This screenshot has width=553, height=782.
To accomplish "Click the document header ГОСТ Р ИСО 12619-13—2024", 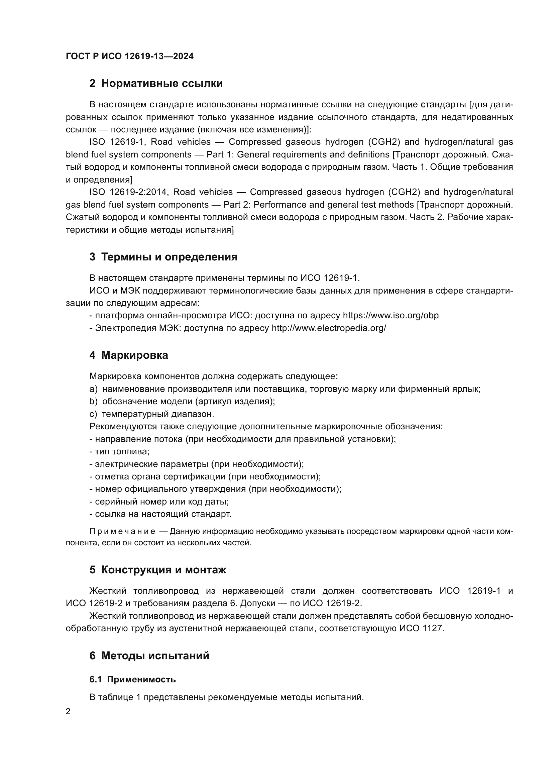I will click(130, 57).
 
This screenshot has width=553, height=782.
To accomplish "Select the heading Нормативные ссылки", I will click(162, 84).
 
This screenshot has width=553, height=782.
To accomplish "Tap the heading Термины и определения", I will click(169, 257).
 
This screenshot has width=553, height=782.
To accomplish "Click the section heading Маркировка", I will click(134, 355).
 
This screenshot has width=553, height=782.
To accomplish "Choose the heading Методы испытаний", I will click(155, 656).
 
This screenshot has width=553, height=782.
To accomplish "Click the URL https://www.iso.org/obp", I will click(391, 315).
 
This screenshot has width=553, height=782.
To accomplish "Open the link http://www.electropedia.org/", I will click(329, 328).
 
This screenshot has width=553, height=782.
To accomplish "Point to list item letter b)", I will click(93, 402).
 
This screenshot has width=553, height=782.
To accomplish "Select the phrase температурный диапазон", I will click(158, 414).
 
